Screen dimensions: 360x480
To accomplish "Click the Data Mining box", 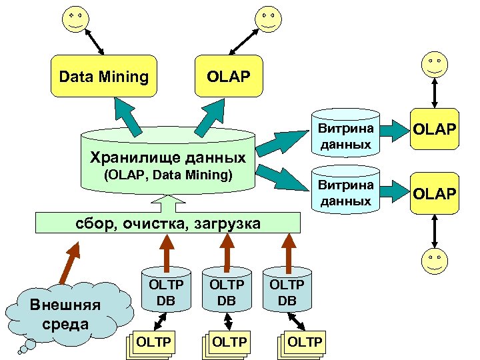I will pyautogui.click(x=103, y=77).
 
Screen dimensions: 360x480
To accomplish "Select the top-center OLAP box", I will pyautogui.click(x=229, y=77).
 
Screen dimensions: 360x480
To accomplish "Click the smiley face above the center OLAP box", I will pyautogui.click(x=267, y=18).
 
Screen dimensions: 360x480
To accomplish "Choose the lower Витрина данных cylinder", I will pyautogui.click(x=345, y=192).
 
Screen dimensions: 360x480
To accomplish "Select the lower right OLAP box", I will pyautogui.click(x=435, y=193).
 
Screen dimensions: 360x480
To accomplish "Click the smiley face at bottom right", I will pyautogui.click(x=435, y=261).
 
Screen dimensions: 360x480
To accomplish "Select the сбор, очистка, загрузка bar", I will pyautogui.click(x=167, y=222).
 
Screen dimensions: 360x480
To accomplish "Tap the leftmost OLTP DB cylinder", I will pyautogui.click(x=165, y=291).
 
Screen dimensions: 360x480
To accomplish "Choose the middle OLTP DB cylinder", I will pyautogui.click(x=226, y=291).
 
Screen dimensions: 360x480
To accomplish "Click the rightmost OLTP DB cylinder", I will pyautogui.click(x=287, y=291).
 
